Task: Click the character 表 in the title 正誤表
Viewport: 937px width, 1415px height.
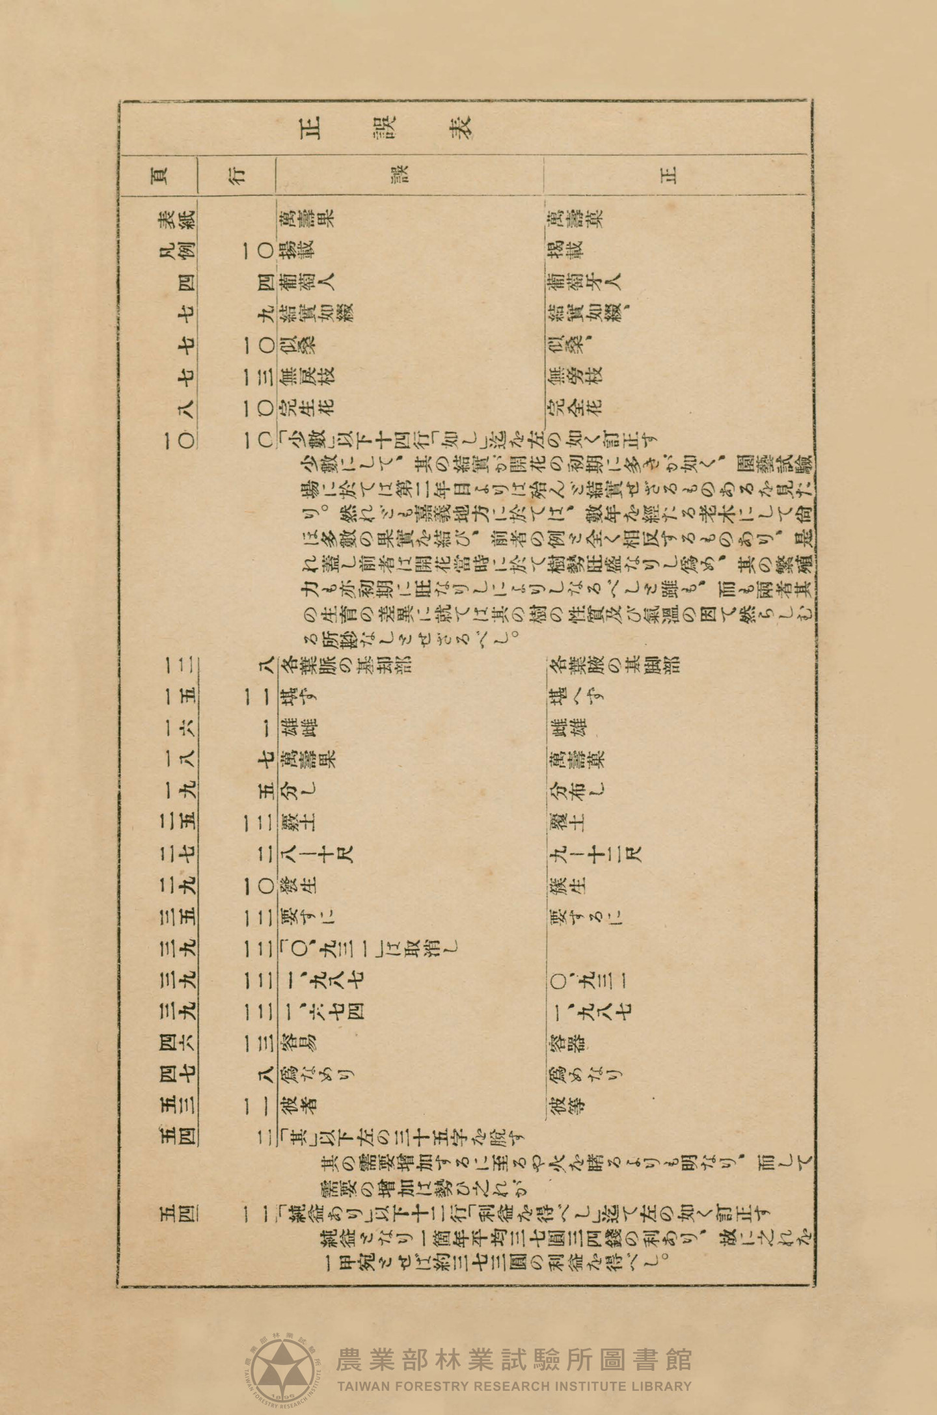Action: [460, 127]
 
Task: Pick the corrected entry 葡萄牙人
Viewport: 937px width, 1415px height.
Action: [583, 280]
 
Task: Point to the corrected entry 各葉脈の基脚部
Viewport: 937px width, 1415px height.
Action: [613, 664]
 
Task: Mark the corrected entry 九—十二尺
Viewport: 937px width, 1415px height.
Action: [594, 853]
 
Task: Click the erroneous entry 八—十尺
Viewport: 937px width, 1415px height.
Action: [316, 853]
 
